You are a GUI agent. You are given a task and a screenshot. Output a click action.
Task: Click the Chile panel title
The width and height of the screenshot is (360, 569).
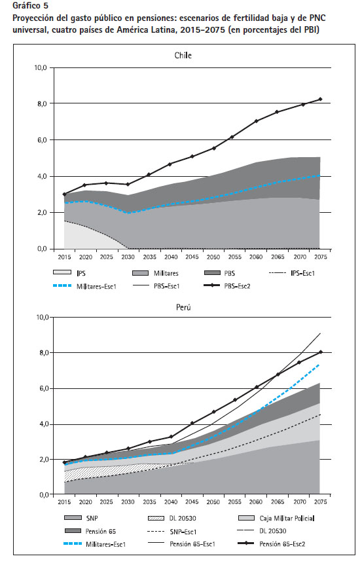(x=183, y=56)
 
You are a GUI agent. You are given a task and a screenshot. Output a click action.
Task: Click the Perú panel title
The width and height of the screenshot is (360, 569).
(x=183, y=307)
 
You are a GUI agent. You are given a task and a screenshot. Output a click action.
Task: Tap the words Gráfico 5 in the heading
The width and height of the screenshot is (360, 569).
(x=30, y=6)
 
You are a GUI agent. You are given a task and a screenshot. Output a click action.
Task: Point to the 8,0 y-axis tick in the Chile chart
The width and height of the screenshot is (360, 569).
(x=41, y=104)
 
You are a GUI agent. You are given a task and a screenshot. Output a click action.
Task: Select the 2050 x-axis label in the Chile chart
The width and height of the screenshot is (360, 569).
(x=213, y=257)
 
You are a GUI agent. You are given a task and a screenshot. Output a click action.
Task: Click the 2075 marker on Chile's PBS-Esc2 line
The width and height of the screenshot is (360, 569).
(x=320, y=99)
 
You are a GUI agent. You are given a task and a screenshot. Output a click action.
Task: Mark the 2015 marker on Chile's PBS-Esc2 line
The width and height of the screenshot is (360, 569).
(x=64, y=194)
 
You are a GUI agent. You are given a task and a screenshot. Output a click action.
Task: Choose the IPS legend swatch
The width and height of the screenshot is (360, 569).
(x=62, y=272)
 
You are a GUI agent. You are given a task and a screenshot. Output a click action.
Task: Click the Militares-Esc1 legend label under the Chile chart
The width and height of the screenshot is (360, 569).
(x=96, y=286)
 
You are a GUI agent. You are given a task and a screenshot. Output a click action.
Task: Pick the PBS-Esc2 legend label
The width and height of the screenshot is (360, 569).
(x=238, y=286)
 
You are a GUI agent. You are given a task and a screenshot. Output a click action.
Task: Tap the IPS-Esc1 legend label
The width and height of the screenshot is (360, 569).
(x=302, y=273)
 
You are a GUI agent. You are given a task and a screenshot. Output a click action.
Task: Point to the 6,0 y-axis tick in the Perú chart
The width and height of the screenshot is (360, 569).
(x=42, y=389)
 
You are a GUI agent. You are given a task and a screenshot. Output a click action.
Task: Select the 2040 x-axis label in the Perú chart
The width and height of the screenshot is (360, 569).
(x=171, y=502)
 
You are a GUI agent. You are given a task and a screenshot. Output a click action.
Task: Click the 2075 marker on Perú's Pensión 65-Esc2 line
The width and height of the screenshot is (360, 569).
(x=320, y=352)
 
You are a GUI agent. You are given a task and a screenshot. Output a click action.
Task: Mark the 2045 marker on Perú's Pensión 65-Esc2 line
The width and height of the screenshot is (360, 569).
(x=192, y=423)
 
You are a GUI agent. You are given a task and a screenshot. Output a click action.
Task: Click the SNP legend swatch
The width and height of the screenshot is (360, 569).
(x=73, y=518)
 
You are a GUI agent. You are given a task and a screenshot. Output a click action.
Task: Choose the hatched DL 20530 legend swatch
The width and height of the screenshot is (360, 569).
(x=157, y=518)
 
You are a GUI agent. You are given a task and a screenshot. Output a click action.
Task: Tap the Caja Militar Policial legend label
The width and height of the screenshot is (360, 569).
(x=287, y=518)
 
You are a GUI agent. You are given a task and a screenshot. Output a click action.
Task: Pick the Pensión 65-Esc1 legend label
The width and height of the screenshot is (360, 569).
(x=192, y=544)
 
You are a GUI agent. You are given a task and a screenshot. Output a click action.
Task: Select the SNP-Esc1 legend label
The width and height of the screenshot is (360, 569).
(x=183, y=532)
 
